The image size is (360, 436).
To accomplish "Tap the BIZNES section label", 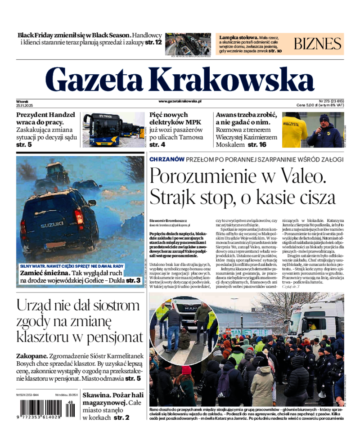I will click(x=318, y=44).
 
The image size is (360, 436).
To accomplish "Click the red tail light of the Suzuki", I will click(x=79, y=218).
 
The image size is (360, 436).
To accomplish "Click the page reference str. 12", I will click(x=153, y=42).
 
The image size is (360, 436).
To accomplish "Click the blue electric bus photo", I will click(x=114, y=130).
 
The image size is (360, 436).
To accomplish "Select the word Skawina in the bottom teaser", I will click(x=96, y=395).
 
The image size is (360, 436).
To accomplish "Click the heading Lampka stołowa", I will click(x=238, y=37).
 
